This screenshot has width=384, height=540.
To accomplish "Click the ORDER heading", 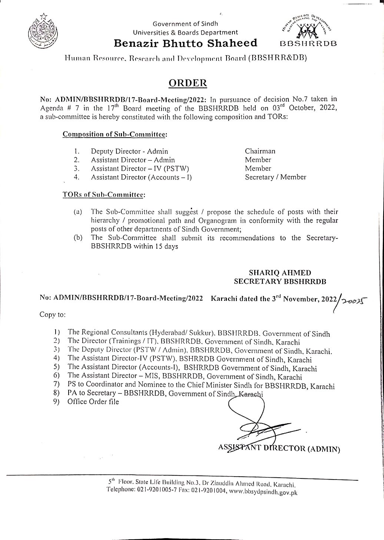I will tap(188, 83).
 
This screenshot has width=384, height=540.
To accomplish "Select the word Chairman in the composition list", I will tap(260, 151).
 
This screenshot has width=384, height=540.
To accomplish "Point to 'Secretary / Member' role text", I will tap(275, 177).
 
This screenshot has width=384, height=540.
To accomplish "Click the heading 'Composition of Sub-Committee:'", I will tap(115, 134).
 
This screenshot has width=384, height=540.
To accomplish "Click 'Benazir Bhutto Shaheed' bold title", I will tap(185, 43).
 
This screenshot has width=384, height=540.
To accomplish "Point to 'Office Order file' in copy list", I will tap(93, 402).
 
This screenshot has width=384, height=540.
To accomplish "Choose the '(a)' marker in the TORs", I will tap(78, 212).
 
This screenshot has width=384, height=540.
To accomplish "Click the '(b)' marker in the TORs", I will tap(78, 238).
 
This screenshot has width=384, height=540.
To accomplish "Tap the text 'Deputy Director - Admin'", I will tap(129, 151).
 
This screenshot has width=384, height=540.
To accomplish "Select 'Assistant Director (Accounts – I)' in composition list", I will tap(141, 177).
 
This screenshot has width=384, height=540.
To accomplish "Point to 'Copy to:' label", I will tap(53, 315).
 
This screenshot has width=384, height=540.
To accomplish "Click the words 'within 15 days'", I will tap(161, 247).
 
